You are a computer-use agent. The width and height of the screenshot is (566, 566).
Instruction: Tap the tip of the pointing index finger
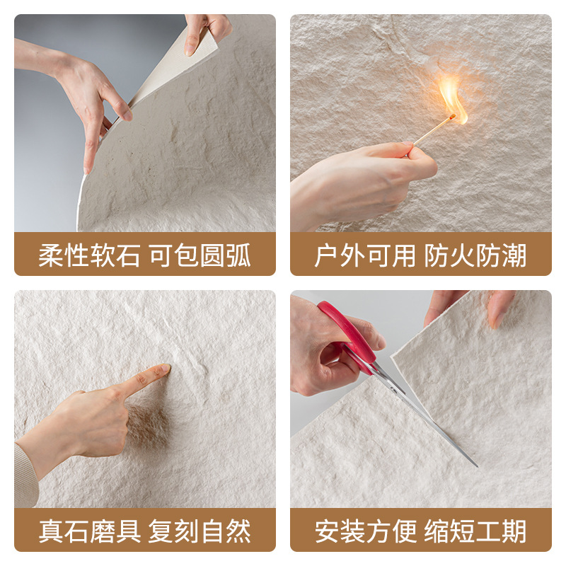164,369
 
